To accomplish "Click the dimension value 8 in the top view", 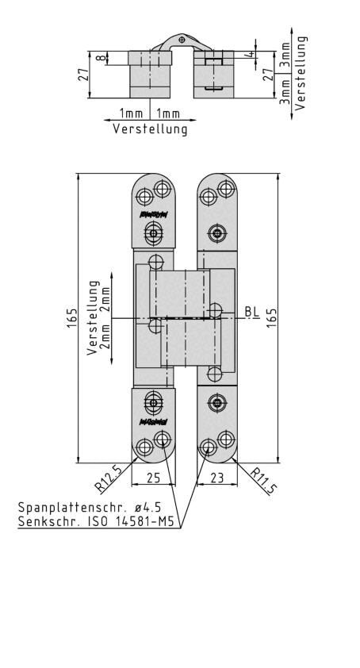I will [x=100, y=58].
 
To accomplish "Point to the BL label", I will [x=251, y=312].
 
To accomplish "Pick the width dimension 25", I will [x=153, y=478].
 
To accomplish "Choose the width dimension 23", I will [x=216, y=478].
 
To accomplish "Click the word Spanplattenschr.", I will [x=65, y=507].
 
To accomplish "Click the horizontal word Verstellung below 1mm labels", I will [x=150, y=129].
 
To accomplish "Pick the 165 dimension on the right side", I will [x=271, y=319].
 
